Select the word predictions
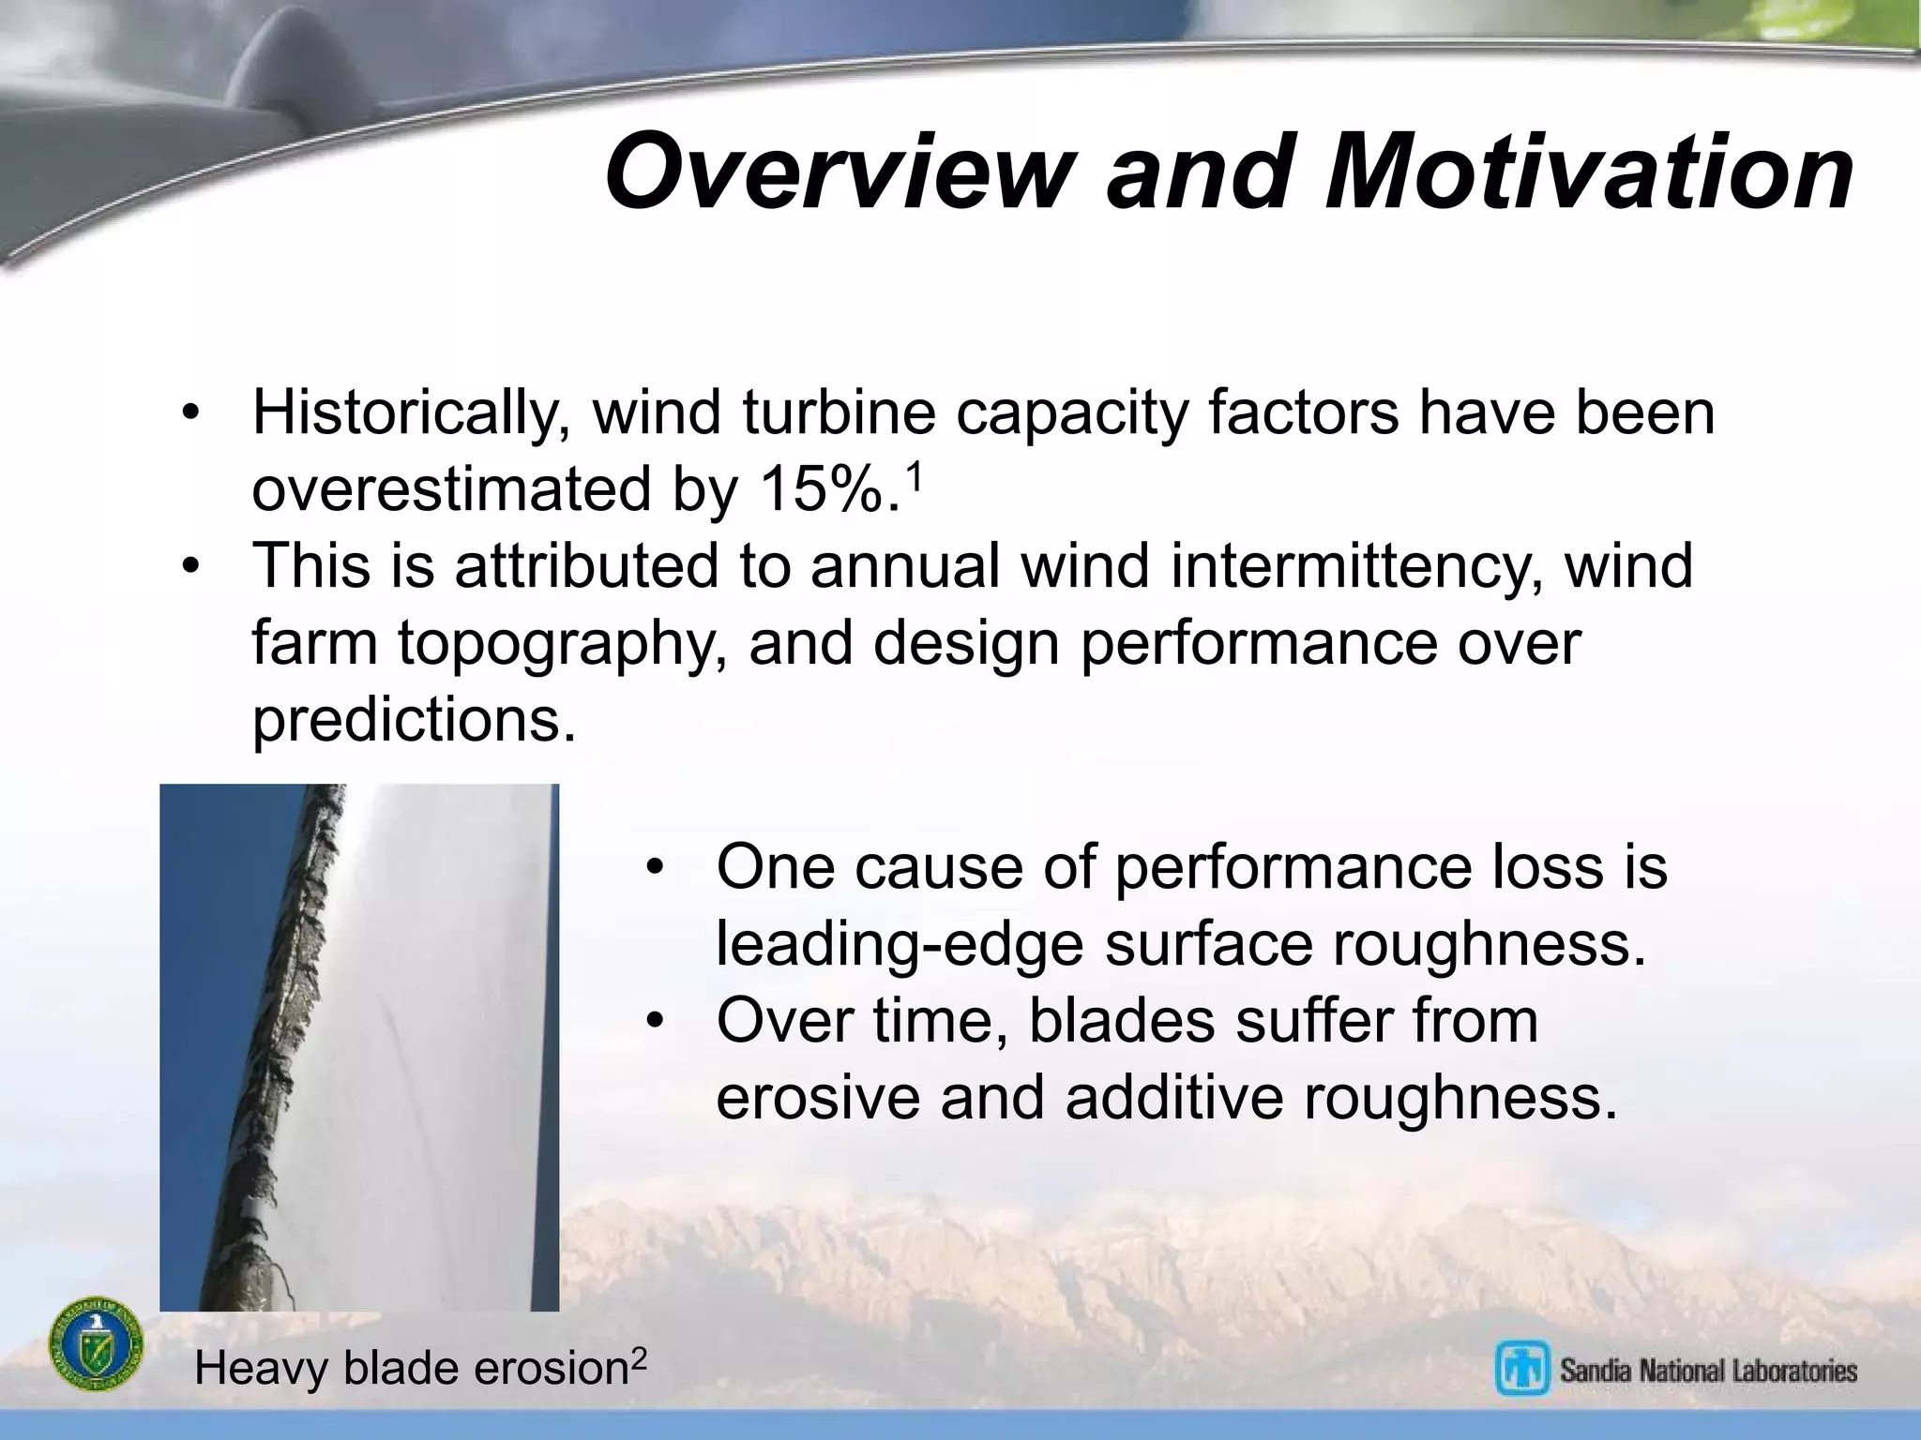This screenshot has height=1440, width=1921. pyautogui.click(x=414, y=720)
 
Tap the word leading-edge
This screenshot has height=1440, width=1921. pyautogui.click(x=899, y=944)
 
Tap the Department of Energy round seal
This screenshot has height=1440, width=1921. pyautogui.click(x=96, y=1344)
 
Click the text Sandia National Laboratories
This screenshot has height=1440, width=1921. pyautogui.click(x=1708, y=1371)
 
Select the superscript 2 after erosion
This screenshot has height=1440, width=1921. pyautogui.click(x=638, y=1357)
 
